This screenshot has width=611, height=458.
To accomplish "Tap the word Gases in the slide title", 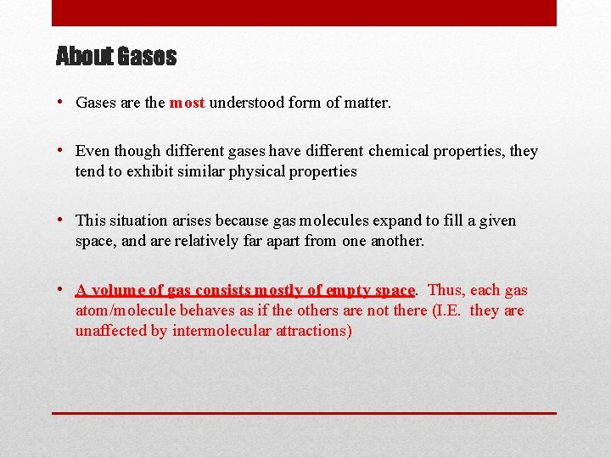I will [x=147, y=57].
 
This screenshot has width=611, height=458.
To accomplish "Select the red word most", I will [x=187, y=103].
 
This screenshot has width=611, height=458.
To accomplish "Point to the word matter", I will [x=368, y=103].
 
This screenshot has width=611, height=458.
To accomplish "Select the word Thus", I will [x=445, y=290].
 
